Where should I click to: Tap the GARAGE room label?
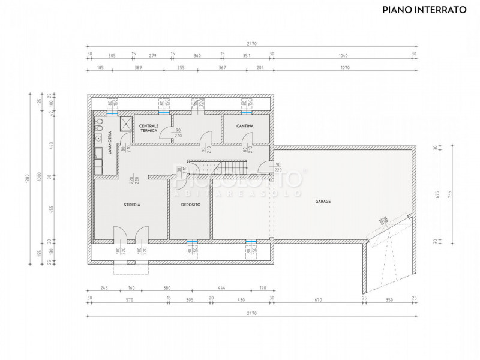323,202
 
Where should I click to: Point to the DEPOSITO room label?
191,205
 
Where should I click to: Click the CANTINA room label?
245,126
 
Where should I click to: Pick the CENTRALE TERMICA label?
148,128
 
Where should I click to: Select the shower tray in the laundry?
127,124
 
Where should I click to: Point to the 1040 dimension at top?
343,55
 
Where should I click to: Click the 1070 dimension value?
344,68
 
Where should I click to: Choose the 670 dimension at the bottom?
318,299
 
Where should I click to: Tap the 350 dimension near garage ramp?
389,299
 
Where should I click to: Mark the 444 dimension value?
221,287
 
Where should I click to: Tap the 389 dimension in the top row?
139,68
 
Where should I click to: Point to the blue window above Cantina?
245,112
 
